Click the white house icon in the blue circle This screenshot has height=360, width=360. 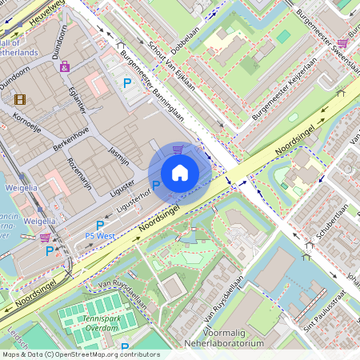180,173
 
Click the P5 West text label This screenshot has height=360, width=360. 100,236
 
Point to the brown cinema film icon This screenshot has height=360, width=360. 20,99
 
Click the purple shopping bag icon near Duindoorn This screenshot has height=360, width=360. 64,66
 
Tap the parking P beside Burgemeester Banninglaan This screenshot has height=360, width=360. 126,82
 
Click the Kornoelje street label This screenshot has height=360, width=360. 29,122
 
